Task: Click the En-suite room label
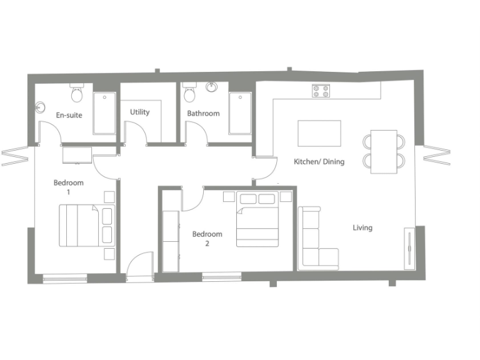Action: click(69, 115)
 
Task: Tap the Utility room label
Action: click(140, 112)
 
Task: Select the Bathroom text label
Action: click(203, 113)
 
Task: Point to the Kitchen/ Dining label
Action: click(319, 162)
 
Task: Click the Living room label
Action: click(362, 227)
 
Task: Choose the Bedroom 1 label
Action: click(68, 187)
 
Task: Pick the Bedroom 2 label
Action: click(207, 239)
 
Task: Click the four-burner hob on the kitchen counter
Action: click(321, 91)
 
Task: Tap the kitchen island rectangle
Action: click(319, 133)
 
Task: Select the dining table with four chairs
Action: click(384, 151)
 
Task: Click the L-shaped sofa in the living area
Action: click(316, 241)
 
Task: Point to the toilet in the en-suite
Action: click(77, 94)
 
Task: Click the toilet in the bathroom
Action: click(190, 93)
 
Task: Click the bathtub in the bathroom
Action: click(240, 114)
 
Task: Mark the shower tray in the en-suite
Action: click(104, 113)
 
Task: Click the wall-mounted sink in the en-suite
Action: click(41, 107)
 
